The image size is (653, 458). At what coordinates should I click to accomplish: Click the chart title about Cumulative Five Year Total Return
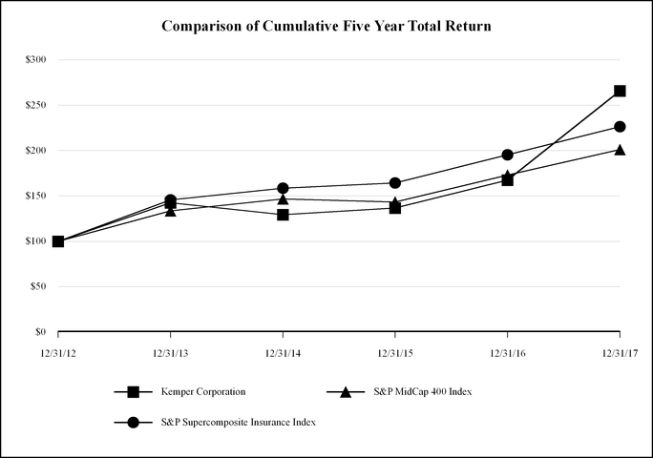[x=326, y=27]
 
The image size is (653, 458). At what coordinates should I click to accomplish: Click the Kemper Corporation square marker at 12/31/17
[x=620, y=91]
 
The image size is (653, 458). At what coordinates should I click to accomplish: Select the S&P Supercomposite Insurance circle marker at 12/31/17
[x=620, y=126]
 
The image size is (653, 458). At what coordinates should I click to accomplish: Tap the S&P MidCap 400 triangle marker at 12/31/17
[x=620, y=150]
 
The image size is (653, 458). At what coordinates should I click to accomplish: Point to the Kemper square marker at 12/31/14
[x=283, y=215]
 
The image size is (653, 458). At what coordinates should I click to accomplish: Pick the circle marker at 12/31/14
[x=283, y=188]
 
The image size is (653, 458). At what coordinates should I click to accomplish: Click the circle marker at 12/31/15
[x=395, y=182]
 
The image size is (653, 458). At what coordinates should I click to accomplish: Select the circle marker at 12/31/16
[x=507, y=155]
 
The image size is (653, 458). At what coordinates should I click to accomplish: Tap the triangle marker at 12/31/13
[x=170, y=211]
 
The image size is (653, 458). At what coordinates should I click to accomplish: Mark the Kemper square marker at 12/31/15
[x=395, y=207]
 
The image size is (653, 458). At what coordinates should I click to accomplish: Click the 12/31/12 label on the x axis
[x=57, y=353]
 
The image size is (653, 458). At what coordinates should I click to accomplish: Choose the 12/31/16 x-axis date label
[x=507, y=353]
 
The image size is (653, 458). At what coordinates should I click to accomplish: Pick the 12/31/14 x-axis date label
[x=283, y=353]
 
